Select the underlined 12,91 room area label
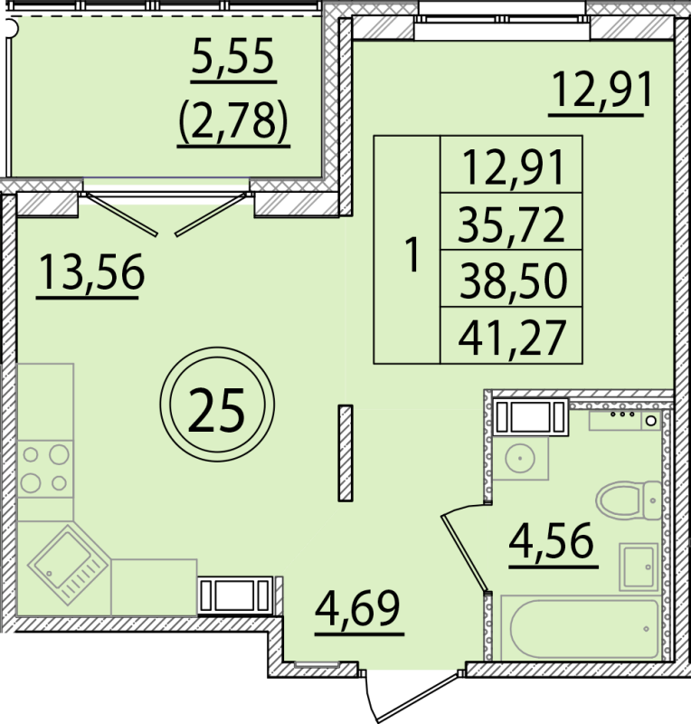[601, 92]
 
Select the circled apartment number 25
[216, 412]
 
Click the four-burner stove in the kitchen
[45, 468]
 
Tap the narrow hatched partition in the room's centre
[345, 452]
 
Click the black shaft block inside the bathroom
[529, 417]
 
